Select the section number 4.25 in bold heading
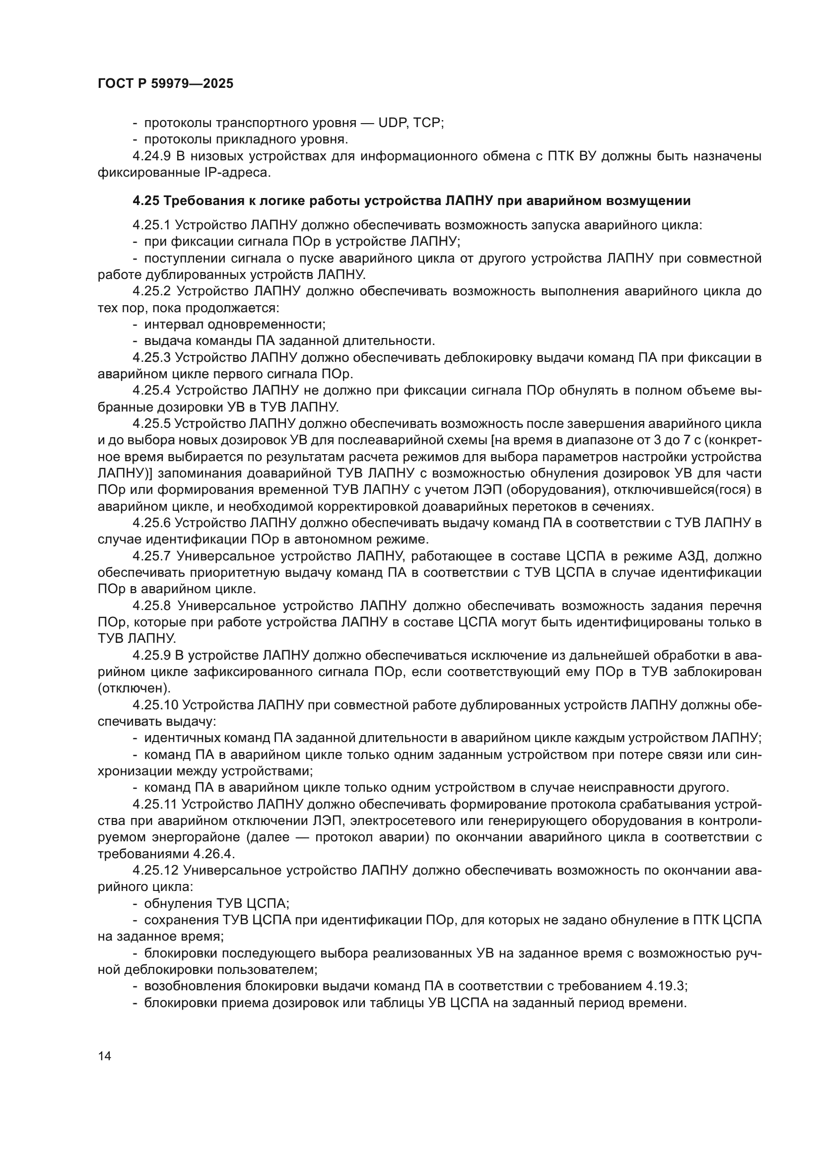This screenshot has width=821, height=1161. pos(145,201)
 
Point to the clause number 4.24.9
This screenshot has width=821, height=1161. pos(152,156)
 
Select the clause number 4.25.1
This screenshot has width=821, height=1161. pos(152,225)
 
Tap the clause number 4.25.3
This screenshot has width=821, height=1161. pos(152,357)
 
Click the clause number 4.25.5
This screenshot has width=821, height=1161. pos(152,423)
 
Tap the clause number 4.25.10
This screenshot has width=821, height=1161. pos(155,705)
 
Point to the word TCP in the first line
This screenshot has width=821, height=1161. pos(428,123)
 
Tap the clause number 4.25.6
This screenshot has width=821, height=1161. pos(152,523)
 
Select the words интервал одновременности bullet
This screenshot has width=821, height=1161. pos(235,324)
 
